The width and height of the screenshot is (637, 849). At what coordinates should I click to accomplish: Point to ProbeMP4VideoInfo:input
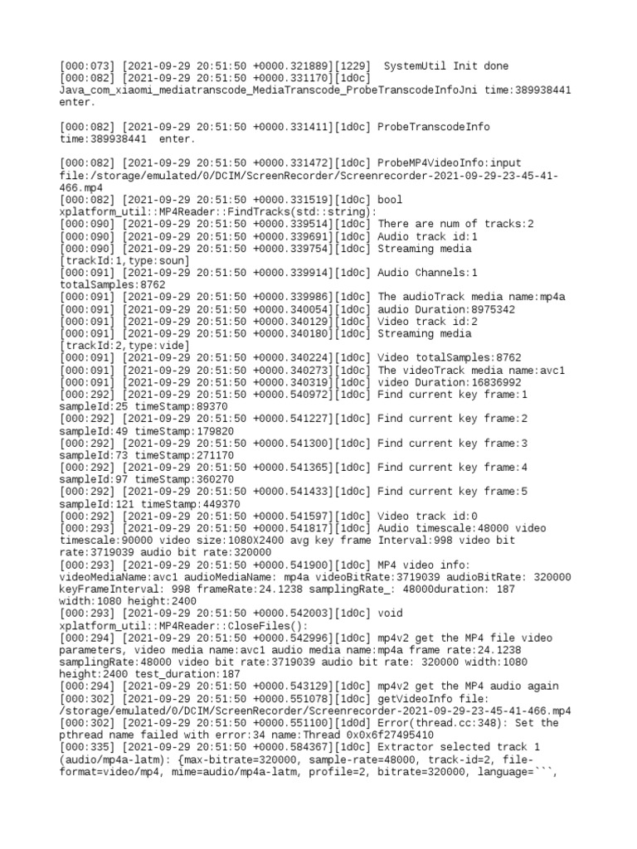[x=450, y=163]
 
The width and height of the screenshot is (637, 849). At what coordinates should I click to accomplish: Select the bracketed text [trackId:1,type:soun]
[x=125, y=261]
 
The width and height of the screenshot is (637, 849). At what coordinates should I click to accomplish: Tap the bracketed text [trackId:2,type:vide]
[x=125, y=346]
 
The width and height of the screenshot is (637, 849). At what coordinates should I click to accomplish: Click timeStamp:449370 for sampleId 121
[x=191, y=504]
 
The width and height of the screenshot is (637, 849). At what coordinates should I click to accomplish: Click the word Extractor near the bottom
[x=406, y=748]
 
